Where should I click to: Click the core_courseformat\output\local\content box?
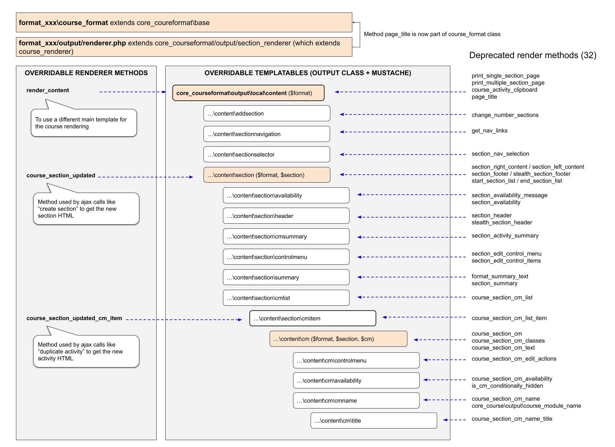click(x=248, y=93)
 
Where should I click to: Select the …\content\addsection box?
click(x=267, y=113)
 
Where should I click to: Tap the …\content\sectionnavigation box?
click(x=267, y=134)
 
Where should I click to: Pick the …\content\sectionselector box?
click(x=267, y=154)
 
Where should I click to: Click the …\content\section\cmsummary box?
click(x=286, y=236)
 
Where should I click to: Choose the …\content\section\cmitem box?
click(x=313, y=318)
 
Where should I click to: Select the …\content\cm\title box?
click(x=374, y=420)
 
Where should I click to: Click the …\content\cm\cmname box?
click(x=356, y=400)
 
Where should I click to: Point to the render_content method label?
click(x=48, y=90)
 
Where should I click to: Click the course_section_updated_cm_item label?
click(x=74, y=318)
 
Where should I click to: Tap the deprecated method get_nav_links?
click(x=489, y=131)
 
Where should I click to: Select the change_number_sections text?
click(x=505, y=115)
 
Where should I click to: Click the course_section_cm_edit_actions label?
click(x=514, y=359)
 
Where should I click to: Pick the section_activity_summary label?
click(x=505, y=236)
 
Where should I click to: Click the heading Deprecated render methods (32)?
click(x=533, y=55)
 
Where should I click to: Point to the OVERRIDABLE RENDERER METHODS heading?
click(x=86, y=73)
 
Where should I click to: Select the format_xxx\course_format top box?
click(x=184, y=23)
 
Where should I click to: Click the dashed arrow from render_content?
click(x=133, y=92)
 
